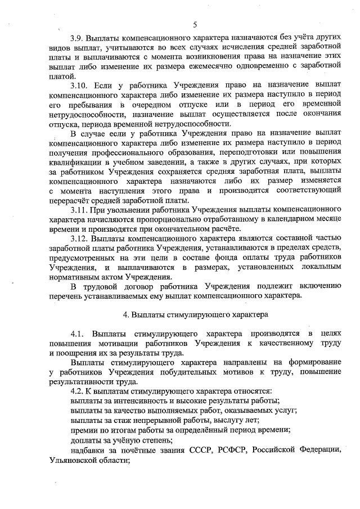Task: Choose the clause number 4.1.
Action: coord(78,333)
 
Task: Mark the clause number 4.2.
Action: coord(78,390)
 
